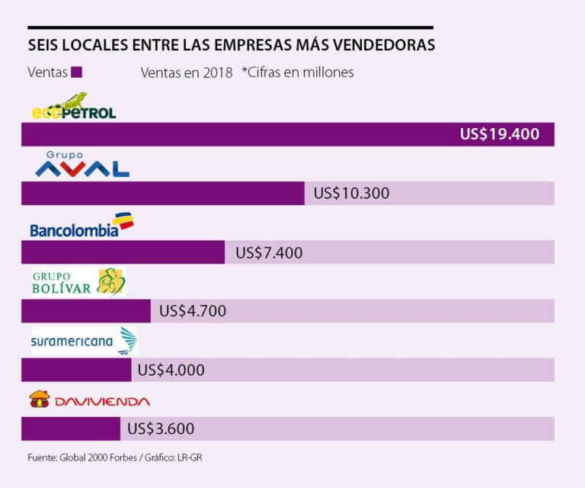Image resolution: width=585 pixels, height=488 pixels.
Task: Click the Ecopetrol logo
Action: point(74,107)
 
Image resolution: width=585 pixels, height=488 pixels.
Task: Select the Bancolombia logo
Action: point(81,226)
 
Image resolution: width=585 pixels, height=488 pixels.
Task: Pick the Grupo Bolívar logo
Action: point(78,282)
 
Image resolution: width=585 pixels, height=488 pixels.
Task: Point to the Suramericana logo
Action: point(83,342)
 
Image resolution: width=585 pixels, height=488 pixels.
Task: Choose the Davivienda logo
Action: point(89,400)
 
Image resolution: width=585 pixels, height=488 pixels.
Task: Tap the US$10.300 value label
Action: point(351,194)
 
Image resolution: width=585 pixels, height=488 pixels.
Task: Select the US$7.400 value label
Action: point(269,252)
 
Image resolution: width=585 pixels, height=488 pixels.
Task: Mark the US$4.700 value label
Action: point(193,311)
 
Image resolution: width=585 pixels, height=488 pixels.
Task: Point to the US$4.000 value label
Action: point(171,371)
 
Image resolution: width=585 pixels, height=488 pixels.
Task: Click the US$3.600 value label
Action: point(161,429)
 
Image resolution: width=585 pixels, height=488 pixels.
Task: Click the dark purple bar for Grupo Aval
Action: point(162,194)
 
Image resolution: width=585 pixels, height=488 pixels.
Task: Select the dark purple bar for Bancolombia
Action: point(123,252)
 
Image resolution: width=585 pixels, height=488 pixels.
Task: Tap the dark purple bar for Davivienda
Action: point(70,429)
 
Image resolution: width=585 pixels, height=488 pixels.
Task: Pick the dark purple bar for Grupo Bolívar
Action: point(85,311)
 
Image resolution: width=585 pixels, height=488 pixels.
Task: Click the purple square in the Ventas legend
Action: point(76,72)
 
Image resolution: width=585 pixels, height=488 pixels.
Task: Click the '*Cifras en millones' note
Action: point(298,72)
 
